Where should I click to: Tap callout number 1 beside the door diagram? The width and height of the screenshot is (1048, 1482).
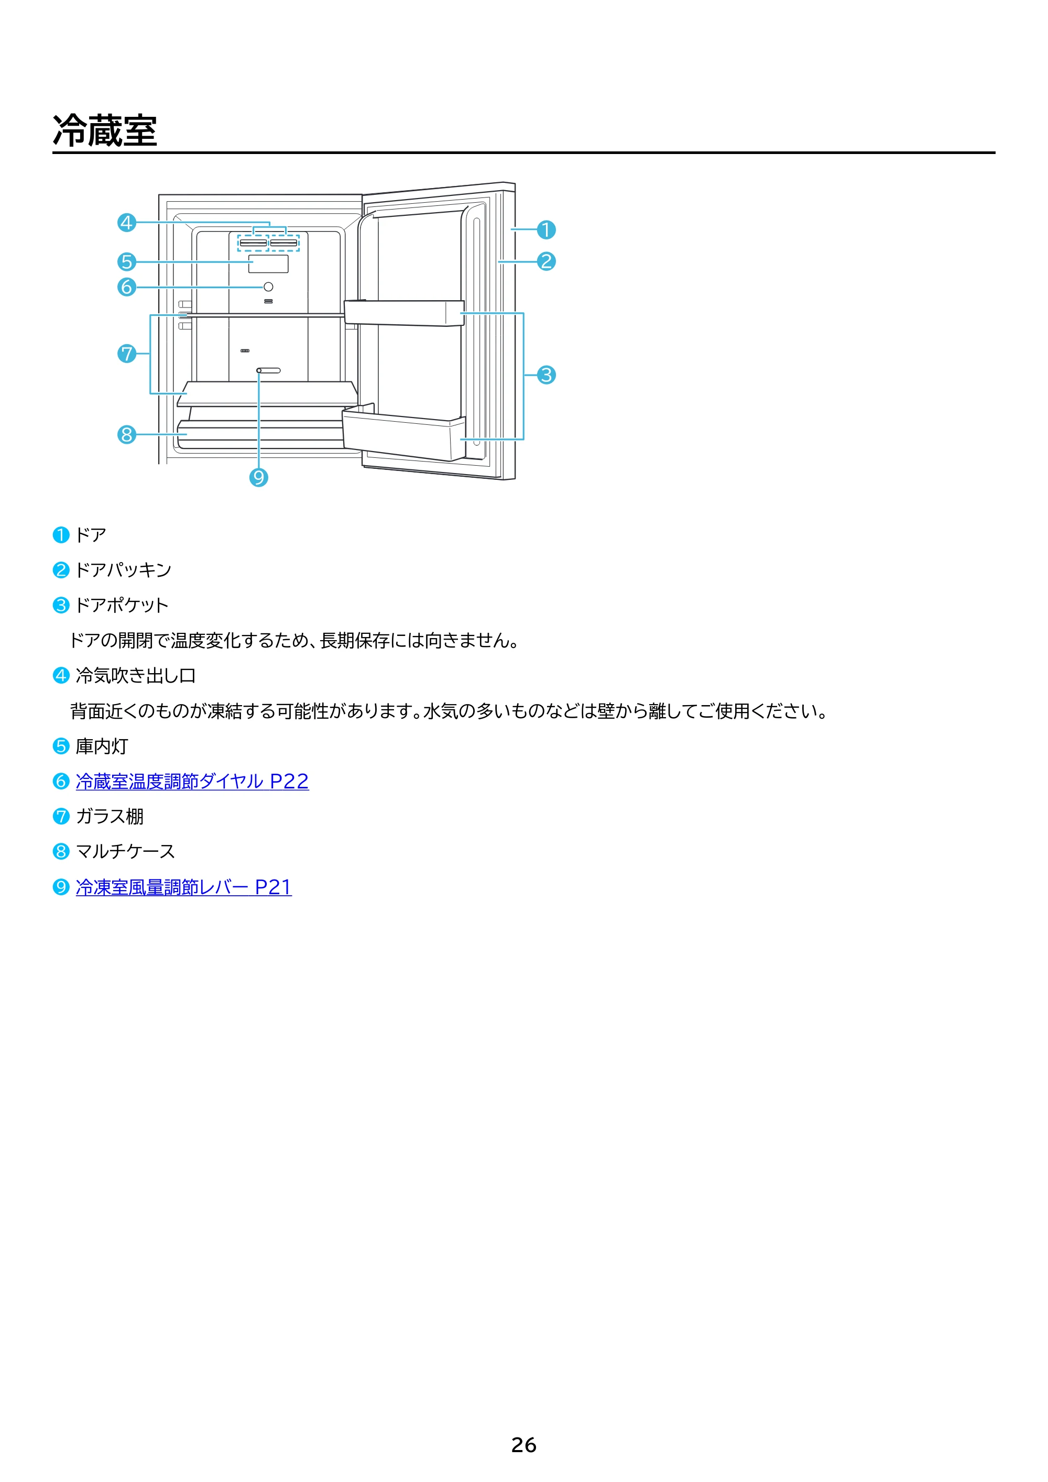[547, 230]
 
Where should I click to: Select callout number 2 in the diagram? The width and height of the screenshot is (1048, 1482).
[547, 261]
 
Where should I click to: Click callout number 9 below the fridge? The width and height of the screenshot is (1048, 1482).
[259, 478]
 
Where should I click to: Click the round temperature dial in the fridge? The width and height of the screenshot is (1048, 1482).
[269, 287]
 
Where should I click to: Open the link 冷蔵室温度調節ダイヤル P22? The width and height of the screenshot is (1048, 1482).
[192, 782]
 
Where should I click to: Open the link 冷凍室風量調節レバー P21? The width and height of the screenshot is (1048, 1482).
[183, 887]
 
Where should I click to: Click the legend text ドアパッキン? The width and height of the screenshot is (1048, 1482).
[123, 570]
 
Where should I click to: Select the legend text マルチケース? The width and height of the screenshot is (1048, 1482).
[125, 852]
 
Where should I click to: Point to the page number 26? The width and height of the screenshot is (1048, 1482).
[523, 1445]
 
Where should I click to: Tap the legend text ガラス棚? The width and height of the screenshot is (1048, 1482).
[110, 817]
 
